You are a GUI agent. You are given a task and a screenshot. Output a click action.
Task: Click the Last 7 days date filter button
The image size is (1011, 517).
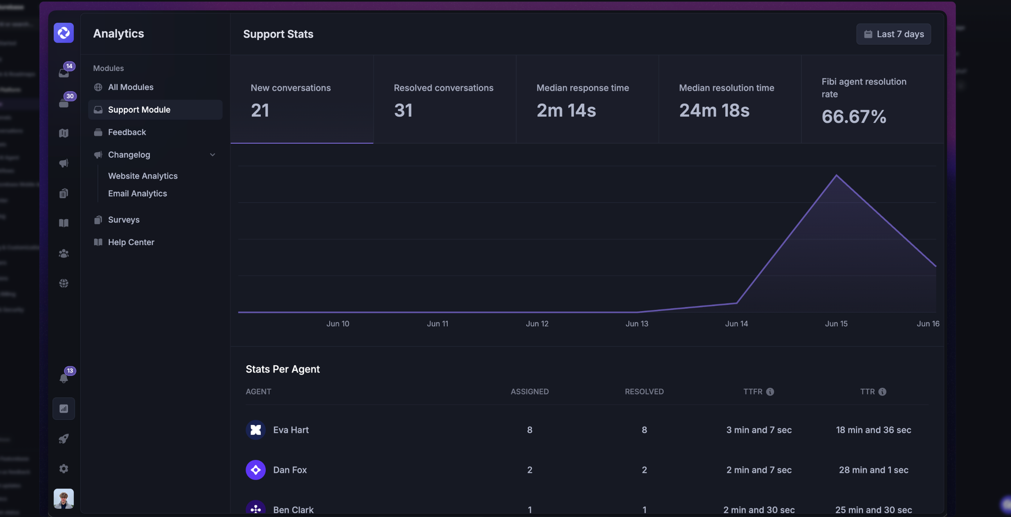click(893, 34)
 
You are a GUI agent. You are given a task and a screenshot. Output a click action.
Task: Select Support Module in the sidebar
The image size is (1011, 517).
click(139, 110)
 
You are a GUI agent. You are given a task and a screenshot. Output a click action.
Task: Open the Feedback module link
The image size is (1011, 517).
click(127, 132)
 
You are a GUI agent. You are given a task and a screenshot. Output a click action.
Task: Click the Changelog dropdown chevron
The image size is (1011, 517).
click(212, 155)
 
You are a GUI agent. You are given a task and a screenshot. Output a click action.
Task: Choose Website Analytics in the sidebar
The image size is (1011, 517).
click(143, 176)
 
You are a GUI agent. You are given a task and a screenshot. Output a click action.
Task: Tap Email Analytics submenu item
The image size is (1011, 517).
click(137, 194)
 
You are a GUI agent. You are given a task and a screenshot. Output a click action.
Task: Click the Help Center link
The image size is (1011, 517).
click(131, 242)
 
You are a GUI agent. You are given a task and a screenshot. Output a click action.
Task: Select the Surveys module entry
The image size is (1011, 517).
click(123, 220)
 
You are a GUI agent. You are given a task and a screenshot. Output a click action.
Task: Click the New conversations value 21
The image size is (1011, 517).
click(260, 111)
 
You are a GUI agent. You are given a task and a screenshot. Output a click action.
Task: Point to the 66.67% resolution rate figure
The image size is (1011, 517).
click(853, 117)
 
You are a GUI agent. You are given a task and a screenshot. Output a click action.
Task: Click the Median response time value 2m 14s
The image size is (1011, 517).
click(566, 111)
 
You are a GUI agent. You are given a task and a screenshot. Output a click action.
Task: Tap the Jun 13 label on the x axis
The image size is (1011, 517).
click(636, 323)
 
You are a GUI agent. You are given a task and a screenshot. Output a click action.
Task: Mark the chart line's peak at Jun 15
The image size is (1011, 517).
click(837, 175)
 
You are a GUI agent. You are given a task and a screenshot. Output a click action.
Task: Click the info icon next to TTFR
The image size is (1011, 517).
click(770, 392)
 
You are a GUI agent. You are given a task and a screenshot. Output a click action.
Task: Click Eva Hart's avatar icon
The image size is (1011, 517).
click(256, 430)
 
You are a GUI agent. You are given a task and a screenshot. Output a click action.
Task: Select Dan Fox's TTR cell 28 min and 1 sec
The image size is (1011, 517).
click(873, 470)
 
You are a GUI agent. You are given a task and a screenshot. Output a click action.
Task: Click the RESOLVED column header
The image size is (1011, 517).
click(644, 392)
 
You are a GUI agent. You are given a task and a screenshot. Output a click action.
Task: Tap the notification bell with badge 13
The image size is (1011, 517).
click(64, 378)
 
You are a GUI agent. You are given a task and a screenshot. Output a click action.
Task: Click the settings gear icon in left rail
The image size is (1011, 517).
click(64, 468)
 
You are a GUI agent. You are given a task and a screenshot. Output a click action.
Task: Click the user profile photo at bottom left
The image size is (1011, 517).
click(64, 498)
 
